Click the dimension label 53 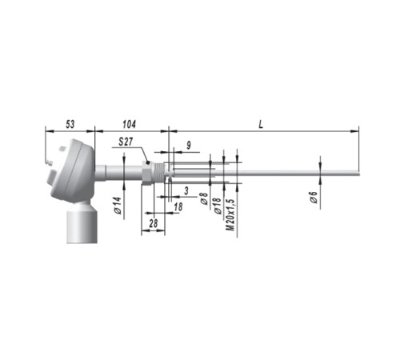tap(70, 124)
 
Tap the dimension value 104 tap(129, 124)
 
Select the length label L tap(261, 124)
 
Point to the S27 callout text tap(126, 142)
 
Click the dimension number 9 tap(189, 146)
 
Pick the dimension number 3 tap(186, 191)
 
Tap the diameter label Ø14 tap(118, 206)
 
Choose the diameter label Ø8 tap(204, 198)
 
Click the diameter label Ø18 tap(218, 206)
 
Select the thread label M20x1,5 tap(230, 215)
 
